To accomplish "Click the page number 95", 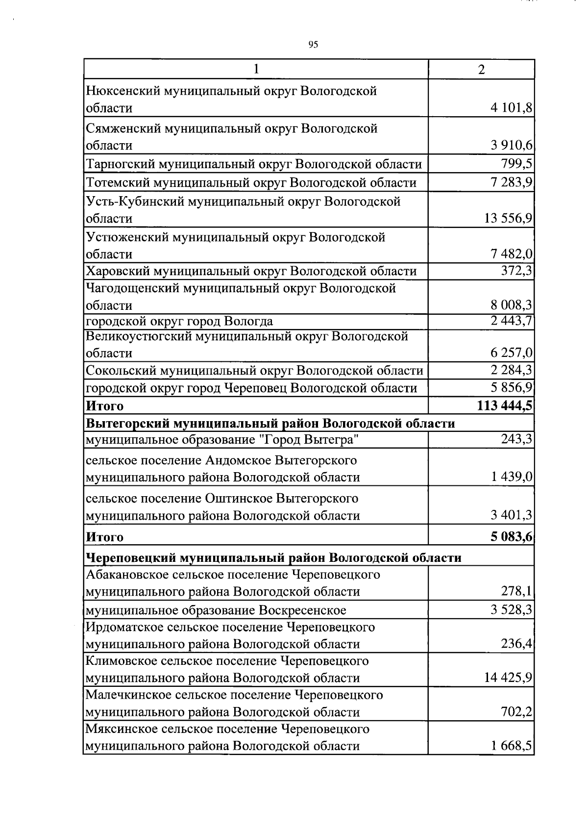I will click(314, 45).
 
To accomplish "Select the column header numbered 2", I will click(481, 70).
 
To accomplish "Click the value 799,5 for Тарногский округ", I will click(517, 163).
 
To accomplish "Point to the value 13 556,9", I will click(508, 218).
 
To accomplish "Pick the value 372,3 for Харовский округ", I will click(517, 271).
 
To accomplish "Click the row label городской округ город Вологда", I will click(179, 321).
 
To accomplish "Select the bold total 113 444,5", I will click(505, 405).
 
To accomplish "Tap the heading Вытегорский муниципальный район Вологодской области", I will click(270, 423).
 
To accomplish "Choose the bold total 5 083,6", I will click(512, 536).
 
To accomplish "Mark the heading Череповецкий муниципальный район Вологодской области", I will click(273, 557).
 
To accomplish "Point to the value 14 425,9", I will click(508, 678).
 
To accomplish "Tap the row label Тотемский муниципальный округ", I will click(251, 183).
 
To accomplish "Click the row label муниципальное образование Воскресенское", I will click(216, 610).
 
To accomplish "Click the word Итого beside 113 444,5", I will click(105, 406).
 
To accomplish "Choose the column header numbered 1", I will click(256, 70).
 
